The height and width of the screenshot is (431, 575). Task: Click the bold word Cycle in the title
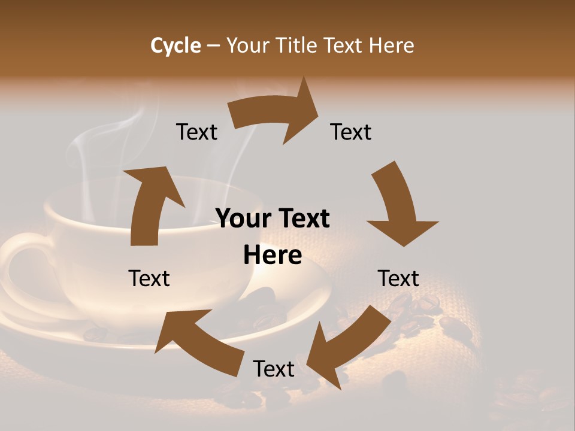click(175, 45)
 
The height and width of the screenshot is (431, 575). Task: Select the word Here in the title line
click(392, 45)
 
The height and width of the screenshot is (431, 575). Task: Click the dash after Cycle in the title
click(213, 46)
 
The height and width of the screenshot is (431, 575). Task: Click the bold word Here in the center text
click(273, 256)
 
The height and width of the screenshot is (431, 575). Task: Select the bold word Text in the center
click(303, 219)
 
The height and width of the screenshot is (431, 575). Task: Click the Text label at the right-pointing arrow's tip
click(351, 132)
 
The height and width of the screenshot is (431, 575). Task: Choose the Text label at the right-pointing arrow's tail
click(196, 132)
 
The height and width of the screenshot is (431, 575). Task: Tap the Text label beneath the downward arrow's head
click(399, 278)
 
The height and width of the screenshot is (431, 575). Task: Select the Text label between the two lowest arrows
click(274, 369)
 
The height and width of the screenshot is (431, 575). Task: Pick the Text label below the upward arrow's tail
click(149, 278)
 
